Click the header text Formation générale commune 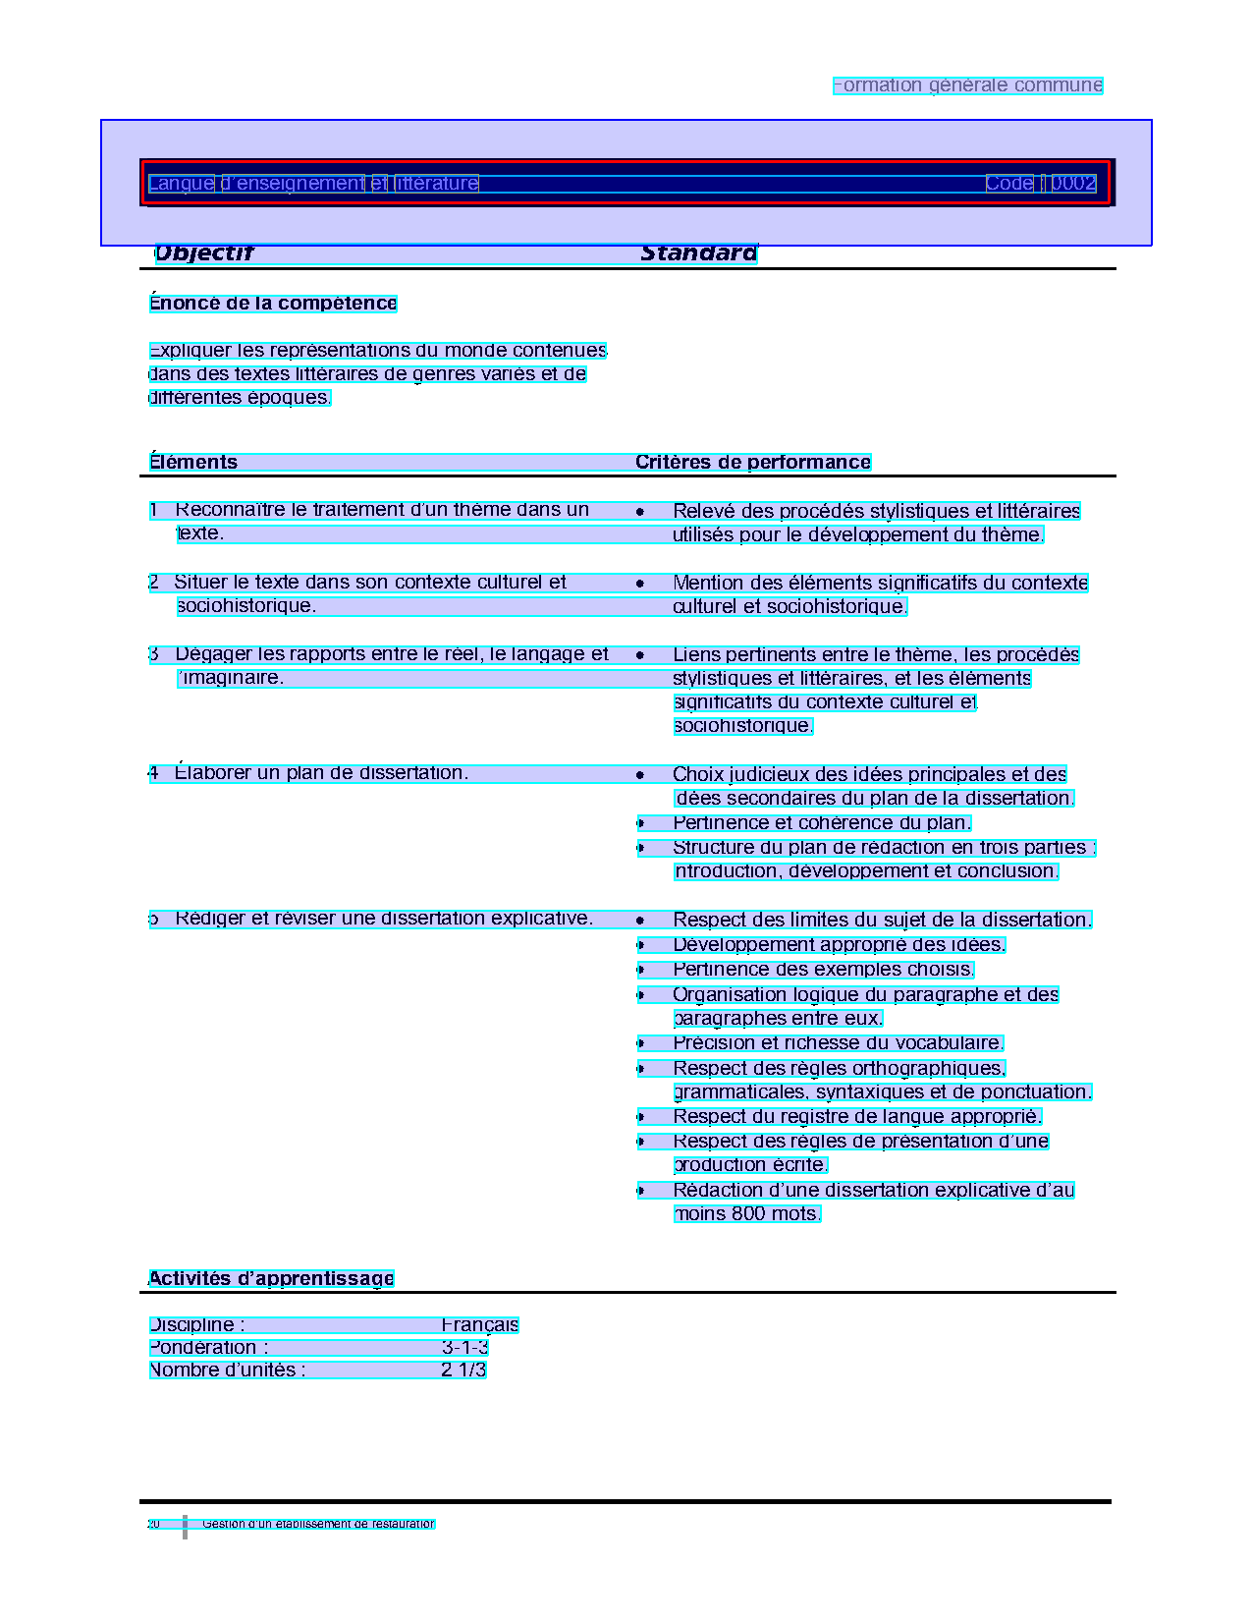click(967, 85)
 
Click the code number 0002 click(1073, 184)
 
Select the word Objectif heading click(204, 253)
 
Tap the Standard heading click(698, 253)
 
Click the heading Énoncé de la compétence click(273, 304)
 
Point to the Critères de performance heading click(752, 463)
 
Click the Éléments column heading click(193, 463)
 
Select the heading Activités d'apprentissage click(271, 1279)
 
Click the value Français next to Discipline click(479, 1325)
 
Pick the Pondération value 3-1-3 click(464, 1348)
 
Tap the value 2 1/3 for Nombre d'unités click(463, 1370)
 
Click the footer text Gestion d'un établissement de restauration click(318, 1525)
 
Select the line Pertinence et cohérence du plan click(822, 823)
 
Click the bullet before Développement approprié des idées click(640, 945)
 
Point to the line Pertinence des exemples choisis click(823, 970)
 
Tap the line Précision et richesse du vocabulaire click(838, 1043)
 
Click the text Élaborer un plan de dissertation click(321, 773)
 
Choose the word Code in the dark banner click(1008, 184)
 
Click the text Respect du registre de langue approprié click(856, 1117)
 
